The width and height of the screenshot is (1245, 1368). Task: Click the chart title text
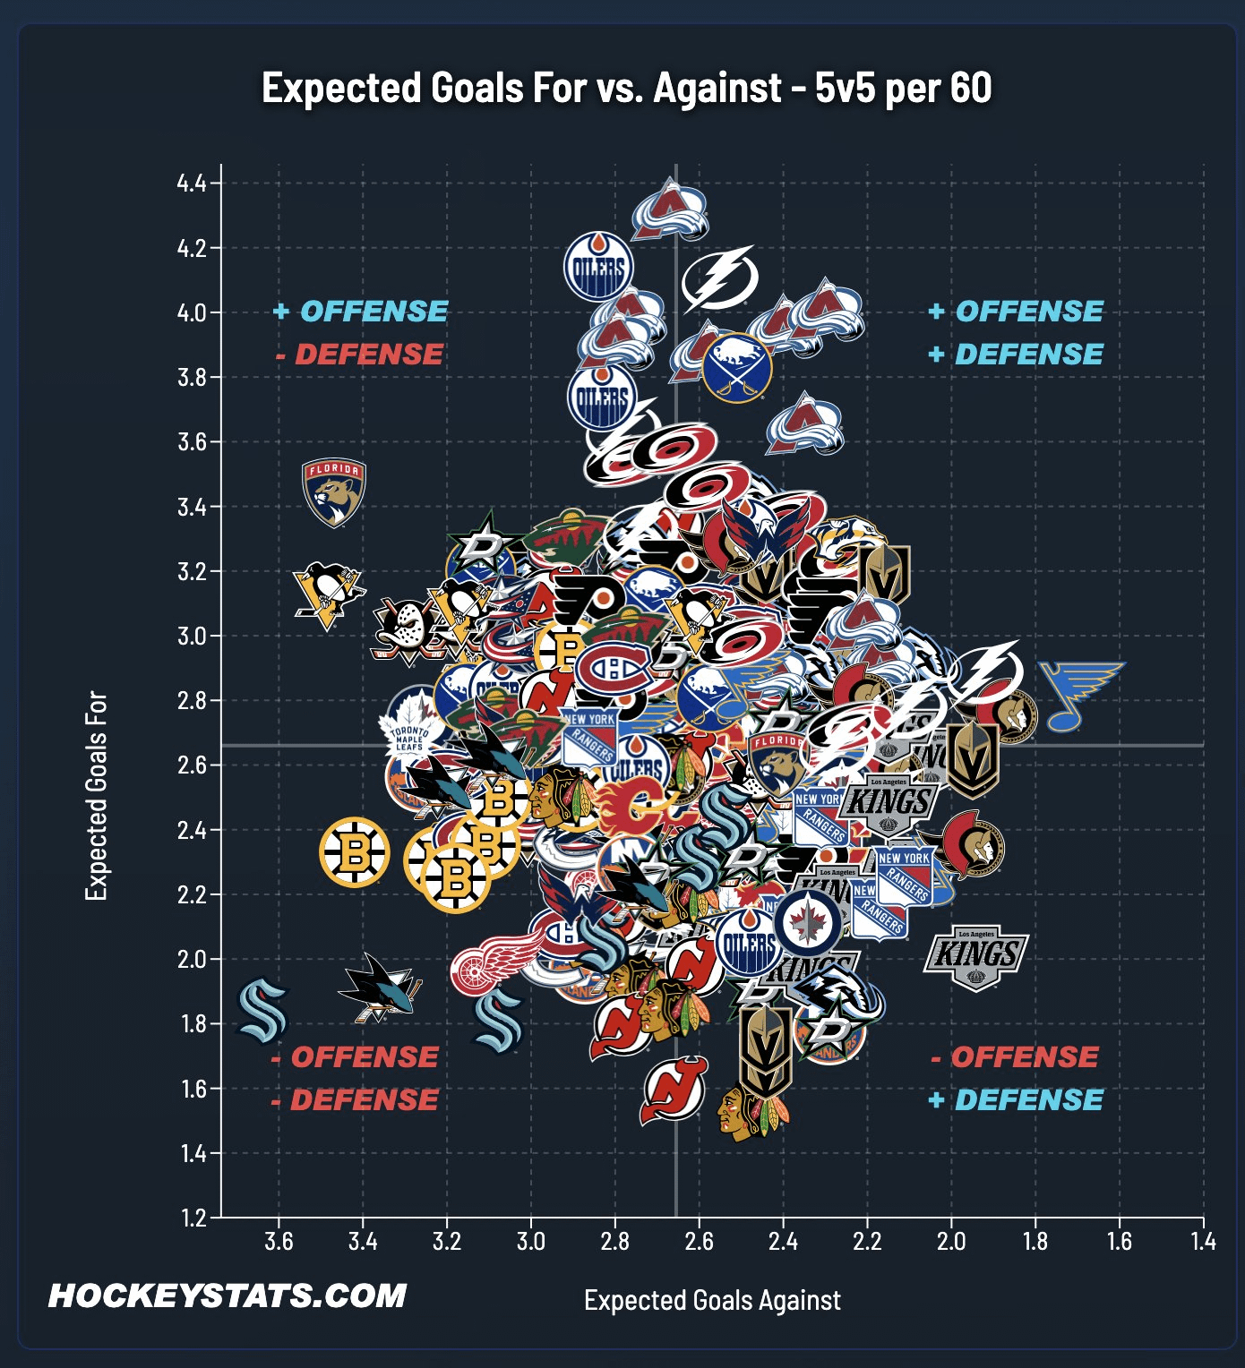[x=626, y=88]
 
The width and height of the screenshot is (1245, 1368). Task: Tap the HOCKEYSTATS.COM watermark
[x=227, y=1295]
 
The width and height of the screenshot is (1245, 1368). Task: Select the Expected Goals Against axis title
[x=712, y=1300]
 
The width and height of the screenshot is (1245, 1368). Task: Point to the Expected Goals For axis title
[x=96, y=796]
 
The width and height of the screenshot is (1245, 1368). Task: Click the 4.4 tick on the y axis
[x=192, y=184]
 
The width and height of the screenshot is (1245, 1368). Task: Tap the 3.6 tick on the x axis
[x=279, y=1242]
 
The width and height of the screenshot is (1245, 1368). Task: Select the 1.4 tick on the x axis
[x=1203, y=1242]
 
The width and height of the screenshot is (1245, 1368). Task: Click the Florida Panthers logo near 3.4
[x=334, y=492]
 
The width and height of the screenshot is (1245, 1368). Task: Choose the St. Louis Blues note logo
[x=1079, y=694]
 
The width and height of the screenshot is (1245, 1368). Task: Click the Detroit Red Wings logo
[x=479, y=965]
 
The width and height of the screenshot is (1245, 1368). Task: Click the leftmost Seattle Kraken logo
[x=262, y=1010]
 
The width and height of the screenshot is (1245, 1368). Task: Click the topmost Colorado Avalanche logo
[x=669, y=210]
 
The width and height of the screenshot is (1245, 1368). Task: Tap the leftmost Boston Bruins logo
[x=354, y=851]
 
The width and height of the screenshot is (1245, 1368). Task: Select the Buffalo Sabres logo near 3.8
[x=736, y=368]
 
